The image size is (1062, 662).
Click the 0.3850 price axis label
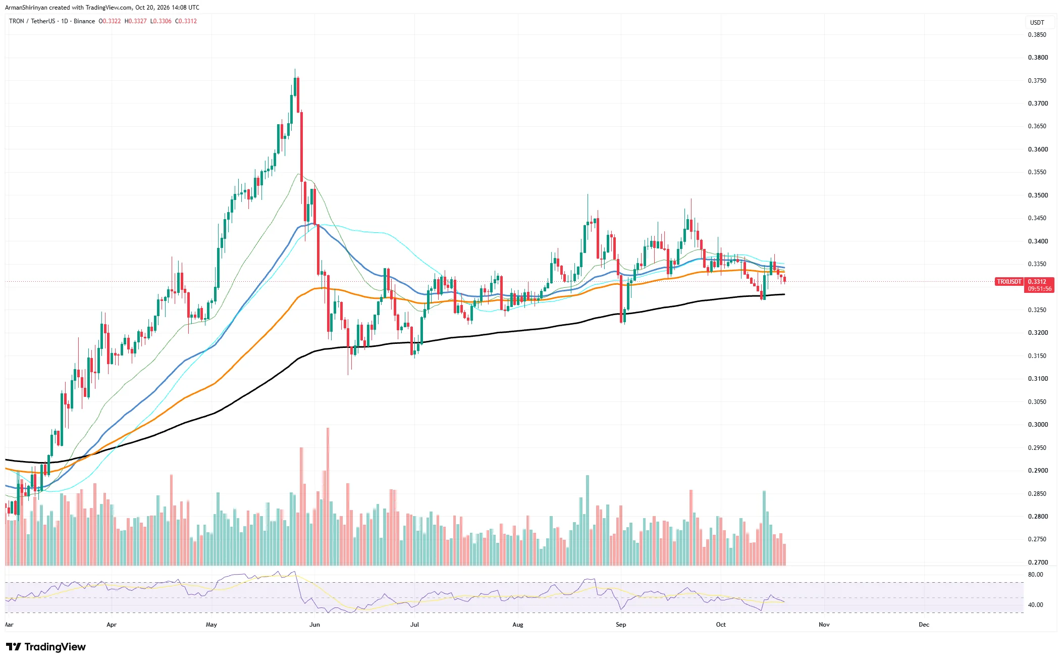point(1037,35)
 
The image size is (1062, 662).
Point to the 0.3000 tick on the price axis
point(1038,425)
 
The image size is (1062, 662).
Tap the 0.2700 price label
point(1038,562)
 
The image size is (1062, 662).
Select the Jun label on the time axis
point(314,625)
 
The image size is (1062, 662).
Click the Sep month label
point(621,625)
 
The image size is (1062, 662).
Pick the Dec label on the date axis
point(924,625)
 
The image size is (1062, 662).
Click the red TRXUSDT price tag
point(1009,282)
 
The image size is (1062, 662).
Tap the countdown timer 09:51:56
point(1040,289)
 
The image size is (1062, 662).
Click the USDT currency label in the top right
point(1037,23)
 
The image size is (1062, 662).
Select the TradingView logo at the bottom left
point(46,647)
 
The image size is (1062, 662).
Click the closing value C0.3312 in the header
point(186,21)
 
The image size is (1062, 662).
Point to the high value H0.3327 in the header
point(136,21)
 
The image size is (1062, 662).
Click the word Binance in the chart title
point(84,21)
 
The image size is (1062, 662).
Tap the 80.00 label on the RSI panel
point(1035,575)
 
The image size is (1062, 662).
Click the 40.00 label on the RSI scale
point(1035,605)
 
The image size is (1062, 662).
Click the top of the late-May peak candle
point(295,69)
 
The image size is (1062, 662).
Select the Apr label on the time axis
point(112,625)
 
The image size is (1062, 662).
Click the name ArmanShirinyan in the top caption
point(26,8)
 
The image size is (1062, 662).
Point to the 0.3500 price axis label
point(1038,195)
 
